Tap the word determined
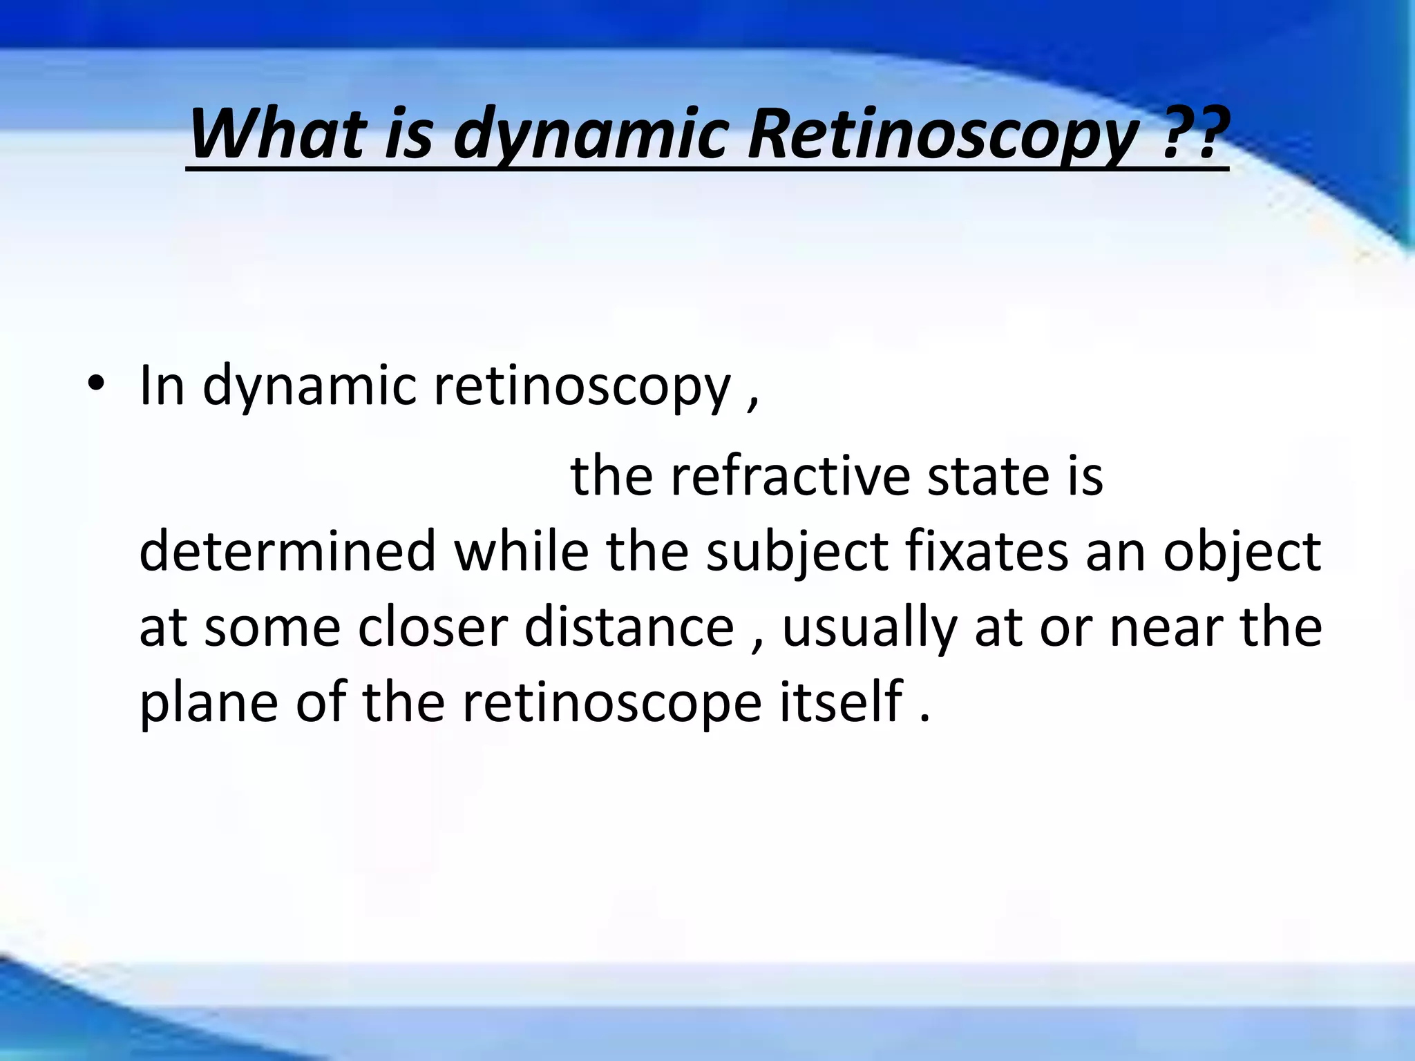(x=287, y=552)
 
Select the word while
(x=521, y=552)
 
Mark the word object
(x=1241, y=552)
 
